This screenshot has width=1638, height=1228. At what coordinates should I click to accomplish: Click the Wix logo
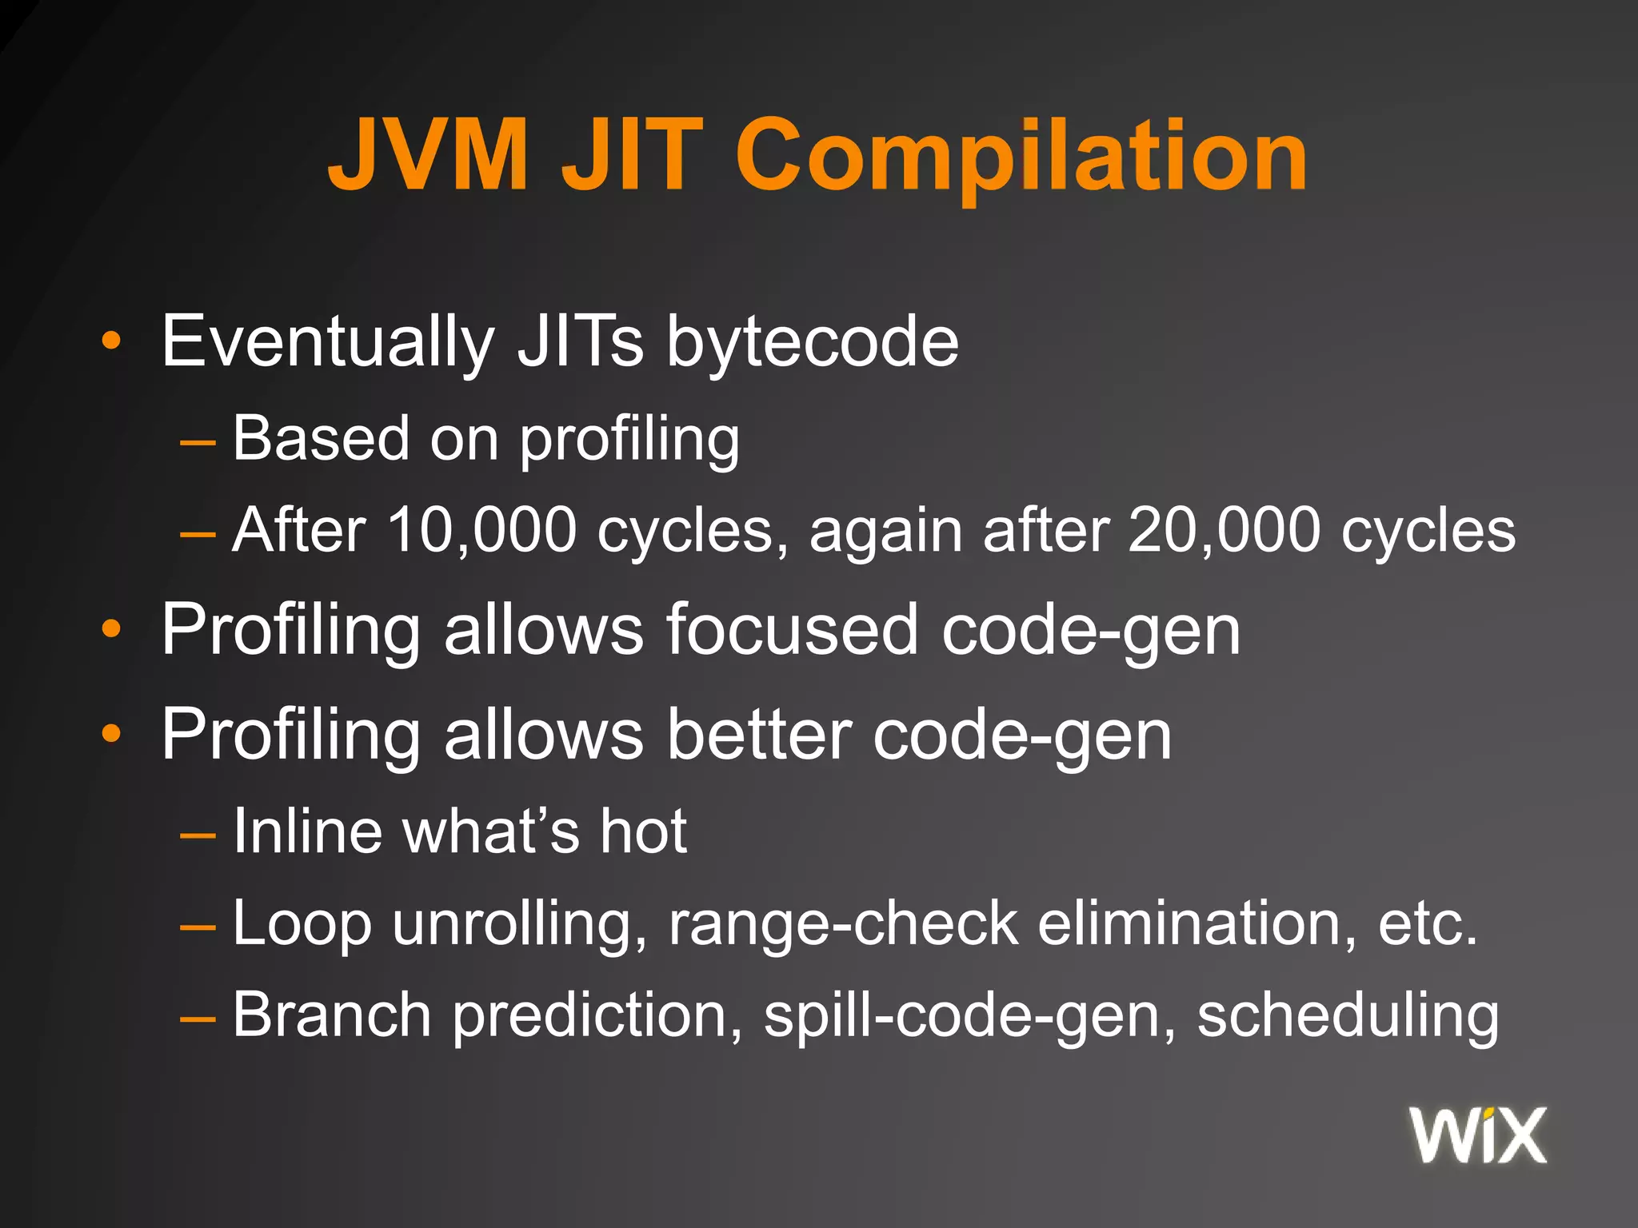(1478, 1135)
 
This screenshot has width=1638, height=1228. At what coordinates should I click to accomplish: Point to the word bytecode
(813, 342)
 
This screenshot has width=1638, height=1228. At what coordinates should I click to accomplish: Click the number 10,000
(481, 530)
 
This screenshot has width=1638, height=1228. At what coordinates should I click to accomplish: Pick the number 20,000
(1224, 530)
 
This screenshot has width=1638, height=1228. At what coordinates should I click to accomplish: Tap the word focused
(792, 630)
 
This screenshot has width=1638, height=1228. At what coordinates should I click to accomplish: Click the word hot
(644, 831)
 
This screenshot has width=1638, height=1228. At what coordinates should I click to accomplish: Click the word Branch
(332, 1015)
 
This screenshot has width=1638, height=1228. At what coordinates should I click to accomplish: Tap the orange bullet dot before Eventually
(111, 341)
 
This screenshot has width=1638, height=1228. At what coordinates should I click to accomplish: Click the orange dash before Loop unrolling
(198, 927)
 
